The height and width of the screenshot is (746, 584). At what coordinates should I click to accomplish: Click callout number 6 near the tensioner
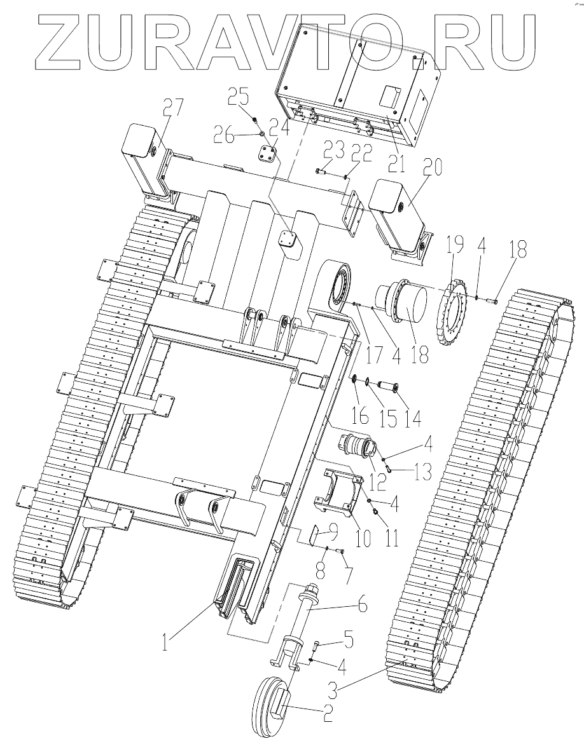361,606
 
